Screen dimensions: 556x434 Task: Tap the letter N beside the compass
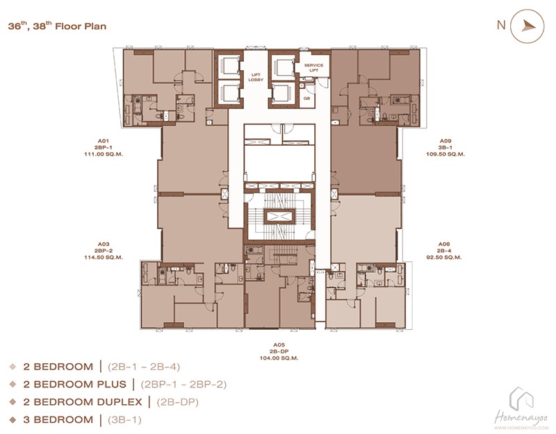pyautogui.click(x=501, y=25)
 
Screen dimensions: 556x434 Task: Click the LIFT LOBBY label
pyautogui.click(x=256, y=77)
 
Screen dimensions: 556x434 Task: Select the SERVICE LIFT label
pyautogui.click(x=314, y=67)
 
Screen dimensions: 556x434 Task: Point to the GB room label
pyautogui.click(x=306, y=98)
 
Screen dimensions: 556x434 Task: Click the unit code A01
pyautogui.click(x=103, y=141)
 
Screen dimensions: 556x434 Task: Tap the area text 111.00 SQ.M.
pyautogui.click(x=104, y=154)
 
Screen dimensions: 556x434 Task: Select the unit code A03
pyautogui.click(x=103, y=244)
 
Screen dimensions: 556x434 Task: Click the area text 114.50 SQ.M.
pyautogui.click(x=104, y=257)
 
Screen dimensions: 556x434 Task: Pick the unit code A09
pyautogui.click(x=445, y=141)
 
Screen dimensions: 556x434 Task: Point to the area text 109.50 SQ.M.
pyautogui.click(x=445, y=154)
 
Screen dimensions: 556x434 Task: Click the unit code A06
pyautogui.click(x=444, y=244)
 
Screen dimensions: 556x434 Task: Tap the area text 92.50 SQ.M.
pyautogui.click(x=444, y=257)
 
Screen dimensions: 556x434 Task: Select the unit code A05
pyautogui.click(x=279, y=344)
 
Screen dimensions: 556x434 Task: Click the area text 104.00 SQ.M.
pyautogui.click(x=279, y=358)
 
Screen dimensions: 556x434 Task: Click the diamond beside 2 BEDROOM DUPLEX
pyautogui.click(x=13, y=402)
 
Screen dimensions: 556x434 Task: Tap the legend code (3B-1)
pyautogui.click(x=124, y=420)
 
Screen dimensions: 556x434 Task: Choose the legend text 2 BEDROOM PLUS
pyautogui.click(x=75, y=385)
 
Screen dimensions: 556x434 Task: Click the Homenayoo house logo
pyautogui.click(x=522, y=399)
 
